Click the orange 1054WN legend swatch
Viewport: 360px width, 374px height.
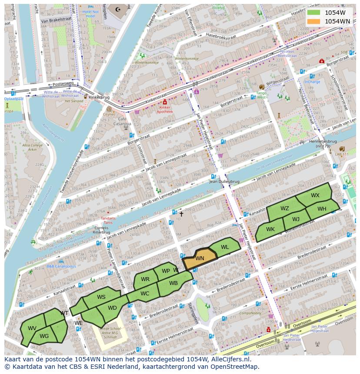[313, 21]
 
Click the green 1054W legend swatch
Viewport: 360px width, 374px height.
[313, 13]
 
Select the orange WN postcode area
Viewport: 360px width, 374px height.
[200, 258]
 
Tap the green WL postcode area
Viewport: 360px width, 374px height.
[225, 247]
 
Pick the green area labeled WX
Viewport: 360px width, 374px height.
[315, 195]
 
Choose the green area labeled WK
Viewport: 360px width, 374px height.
[270, 229]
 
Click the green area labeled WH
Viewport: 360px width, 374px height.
[322, 209]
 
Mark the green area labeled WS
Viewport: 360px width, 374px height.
[101, 297]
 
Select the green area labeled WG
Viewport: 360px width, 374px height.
[44, 336]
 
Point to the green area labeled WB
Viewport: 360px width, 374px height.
[173, 283]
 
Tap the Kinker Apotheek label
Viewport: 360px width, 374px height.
[164, 109]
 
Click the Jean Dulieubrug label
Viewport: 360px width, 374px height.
[224, 182]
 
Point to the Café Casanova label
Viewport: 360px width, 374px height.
[125, 121]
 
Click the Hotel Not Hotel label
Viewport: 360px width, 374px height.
[90, 13]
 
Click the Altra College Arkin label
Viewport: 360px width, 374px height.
[32, 147]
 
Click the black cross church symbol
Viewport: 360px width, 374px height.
[181, 214]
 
